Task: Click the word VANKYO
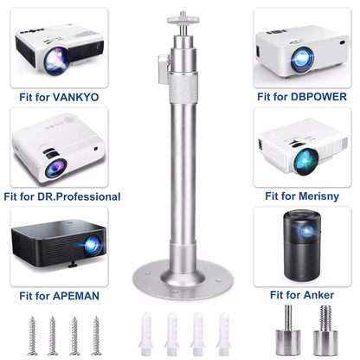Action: pyautogui.click(x=76, y=97)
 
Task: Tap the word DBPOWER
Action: pyautogui.click(x=318, y=97)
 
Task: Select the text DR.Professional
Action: pyautogui.click(x=79, y=196)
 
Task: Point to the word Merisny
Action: pyautogui.click(x=318, y=196)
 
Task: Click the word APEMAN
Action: pyautogui.click(x=76, y=296)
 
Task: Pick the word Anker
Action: pyautogui.click(x=318, y=295)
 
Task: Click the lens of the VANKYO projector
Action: pyautogui.click(x=57, y=61)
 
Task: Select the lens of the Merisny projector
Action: pyautogui.click(x=306, y=161)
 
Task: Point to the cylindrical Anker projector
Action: pyautogui.click(x=303, y=245)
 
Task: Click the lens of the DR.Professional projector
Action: pyautogui.click(x=55, y=168)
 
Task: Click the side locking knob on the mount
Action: pyautogui.click(x=164, y=69)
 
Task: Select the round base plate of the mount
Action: pyautogui.click(x=183, y=279)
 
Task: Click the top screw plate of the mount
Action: pyautogui.click(x=183, y=20)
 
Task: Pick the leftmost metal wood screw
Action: pyautogui.click(x=32, y=336)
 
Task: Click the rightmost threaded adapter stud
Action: pyautogui.click(x=325, y=331)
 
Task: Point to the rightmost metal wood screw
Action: pyautogui.click(x=96, y=336)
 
